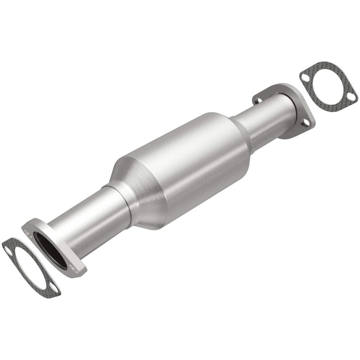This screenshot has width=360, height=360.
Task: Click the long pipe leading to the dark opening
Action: coord(87,221)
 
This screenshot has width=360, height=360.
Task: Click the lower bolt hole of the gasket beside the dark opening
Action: coord(52,289)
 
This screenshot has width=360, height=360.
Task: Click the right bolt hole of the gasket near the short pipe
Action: coord(351,97)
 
